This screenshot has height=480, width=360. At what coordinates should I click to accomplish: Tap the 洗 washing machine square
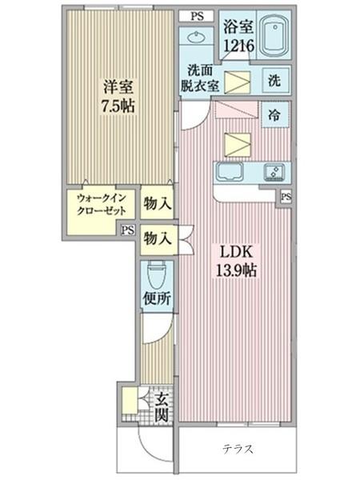274,81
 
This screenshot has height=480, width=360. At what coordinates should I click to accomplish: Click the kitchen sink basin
228,173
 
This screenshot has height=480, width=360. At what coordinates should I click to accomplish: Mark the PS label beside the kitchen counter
286,196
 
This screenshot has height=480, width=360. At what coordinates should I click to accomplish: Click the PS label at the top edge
197,15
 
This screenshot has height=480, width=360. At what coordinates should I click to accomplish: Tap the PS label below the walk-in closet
127,230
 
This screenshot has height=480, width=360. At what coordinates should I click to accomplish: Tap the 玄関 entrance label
161,406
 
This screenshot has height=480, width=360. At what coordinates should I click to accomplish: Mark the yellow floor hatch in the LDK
236,143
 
